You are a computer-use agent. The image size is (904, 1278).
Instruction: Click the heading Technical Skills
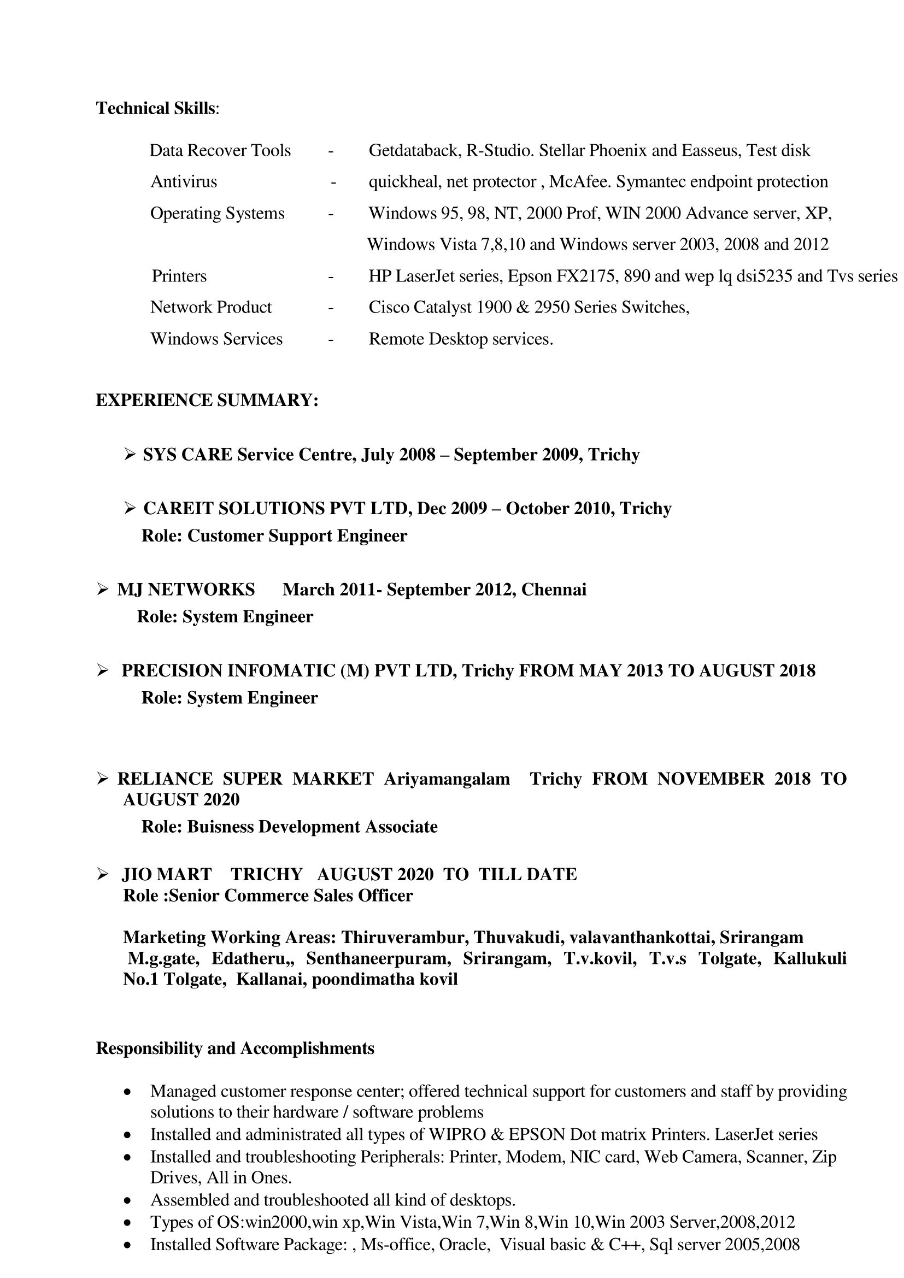tap(157, 109)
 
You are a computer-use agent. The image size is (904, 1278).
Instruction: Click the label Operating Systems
tap(217, 214)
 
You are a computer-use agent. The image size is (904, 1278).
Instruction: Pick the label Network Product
tap(211, 307)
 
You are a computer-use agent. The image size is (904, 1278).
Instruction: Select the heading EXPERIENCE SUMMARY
tap(207, 401)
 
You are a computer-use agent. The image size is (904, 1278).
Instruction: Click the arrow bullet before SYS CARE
tap(130, 455)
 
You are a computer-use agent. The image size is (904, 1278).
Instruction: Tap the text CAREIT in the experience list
tap(178, 509)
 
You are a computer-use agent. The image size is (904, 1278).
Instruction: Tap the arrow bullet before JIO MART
tap(102, 874)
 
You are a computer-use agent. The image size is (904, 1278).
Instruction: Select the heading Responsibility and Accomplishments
tap(235, 1049)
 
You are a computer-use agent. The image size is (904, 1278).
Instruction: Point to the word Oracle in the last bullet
tap(463, 1245)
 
